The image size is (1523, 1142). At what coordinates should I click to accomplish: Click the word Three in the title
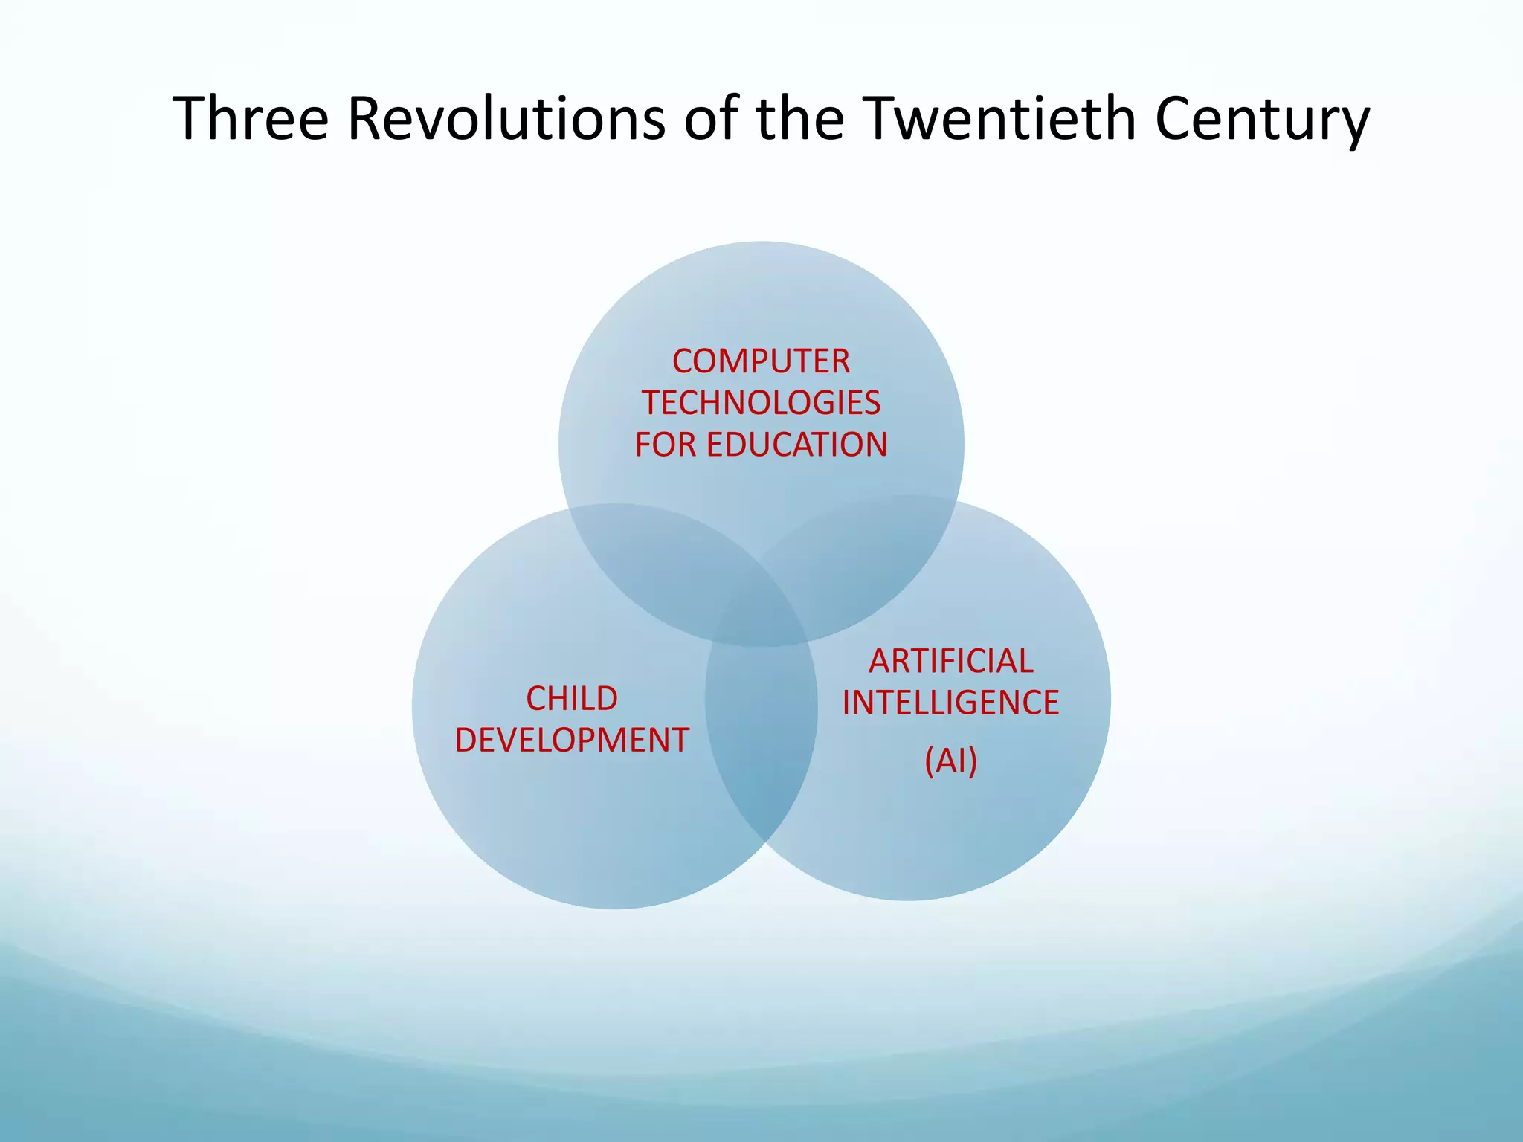click(250, 119)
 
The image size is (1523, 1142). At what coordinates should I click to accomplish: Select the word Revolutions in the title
click(506, 119)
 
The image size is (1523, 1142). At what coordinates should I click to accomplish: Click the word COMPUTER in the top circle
click(761, 362)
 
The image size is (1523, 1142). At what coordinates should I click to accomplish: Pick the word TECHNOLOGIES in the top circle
click(761, 404)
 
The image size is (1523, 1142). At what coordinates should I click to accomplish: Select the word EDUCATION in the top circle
click(796, 445)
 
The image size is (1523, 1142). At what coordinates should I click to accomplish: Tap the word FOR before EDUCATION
click(666, 445)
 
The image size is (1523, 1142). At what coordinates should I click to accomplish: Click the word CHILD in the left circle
click(572, 699)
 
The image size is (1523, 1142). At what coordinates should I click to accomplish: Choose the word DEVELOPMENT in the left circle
click(572, 741)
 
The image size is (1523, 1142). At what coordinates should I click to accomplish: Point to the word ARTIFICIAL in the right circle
click(951, 662)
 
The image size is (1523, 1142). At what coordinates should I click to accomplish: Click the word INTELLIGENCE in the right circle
click(950, 703)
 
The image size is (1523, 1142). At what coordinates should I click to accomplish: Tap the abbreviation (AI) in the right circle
click(950, 761)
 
